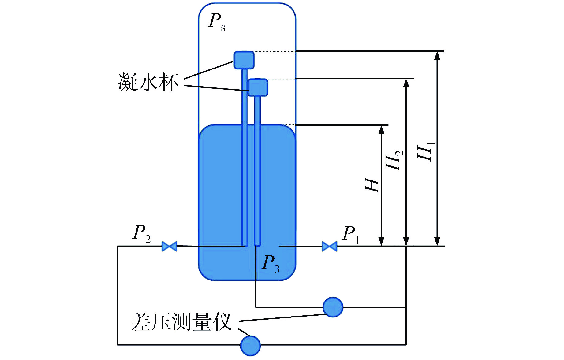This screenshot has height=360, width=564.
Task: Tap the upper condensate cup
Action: (x=244, y=60)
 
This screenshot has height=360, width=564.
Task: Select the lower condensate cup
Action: (x=258, y=87)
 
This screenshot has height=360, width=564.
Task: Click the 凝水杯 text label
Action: (x=148, y=82)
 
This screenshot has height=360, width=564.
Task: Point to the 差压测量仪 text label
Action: (x=181, y=322)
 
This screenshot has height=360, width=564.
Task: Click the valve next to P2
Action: (x=169, y=246)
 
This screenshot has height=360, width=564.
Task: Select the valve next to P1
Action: (x=329, y=246)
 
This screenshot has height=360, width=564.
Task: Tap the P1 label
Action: (x=351, y=235)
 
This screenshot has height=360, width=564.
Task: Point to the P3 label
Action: (x=271, y=263)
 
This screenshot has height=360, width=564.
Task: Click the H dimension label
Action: (x=372, y=185)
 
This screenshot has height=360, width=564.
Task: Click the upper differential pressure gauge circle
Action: (x=333, y=307)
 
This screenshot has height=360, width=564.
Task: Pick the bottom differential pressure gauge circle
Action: (x=250, y=346)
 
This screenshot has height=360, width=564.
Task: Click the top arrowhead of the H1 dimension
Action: (x=438, y=55)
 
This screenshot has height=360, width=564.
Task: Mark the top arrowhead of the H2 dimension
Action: (x=406, y=83)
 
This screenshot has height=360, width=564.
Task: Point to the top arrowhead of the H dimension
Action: (x=381, y=129)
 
